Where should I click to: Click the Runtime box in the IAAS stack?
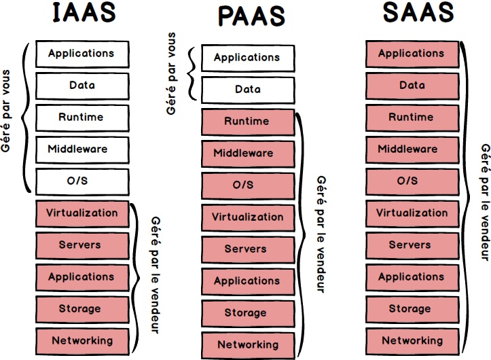(81, 118)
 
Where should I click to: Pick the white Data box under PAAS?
(248, 90)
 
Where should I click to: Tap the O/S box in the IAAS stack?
(81, 181)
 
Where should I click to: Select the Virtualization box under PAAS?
(248, 217)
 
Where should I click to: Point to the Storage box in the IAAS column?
(81, 309)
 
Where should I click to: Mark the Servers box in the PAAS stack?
(248, 249)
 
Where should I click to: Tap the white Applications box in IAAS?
(81, 54)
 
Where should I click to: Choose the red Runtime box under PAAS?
(248, 122)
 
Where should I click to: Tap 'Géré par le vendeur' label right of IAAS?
(155, 274)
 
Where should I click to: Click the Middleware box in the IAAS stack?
(81, 149)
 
